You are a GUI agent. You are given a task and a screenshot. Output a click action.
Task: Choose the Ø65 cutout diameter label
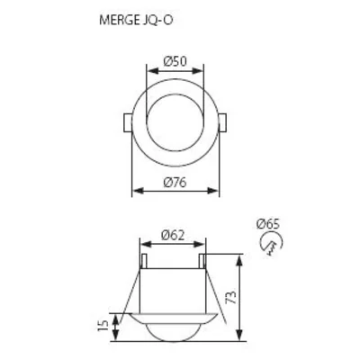267,222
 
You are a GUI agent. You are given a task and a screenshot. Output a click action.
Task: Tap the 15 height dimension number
103,323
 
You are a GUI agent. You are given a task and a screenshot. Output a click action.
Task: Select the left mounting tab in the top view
124,121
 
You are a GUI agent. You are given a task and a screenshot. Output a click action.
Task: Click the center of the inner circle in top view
176,120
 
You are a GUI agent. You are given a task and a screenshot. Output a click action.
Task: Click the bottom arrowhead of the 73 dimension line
238,337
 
